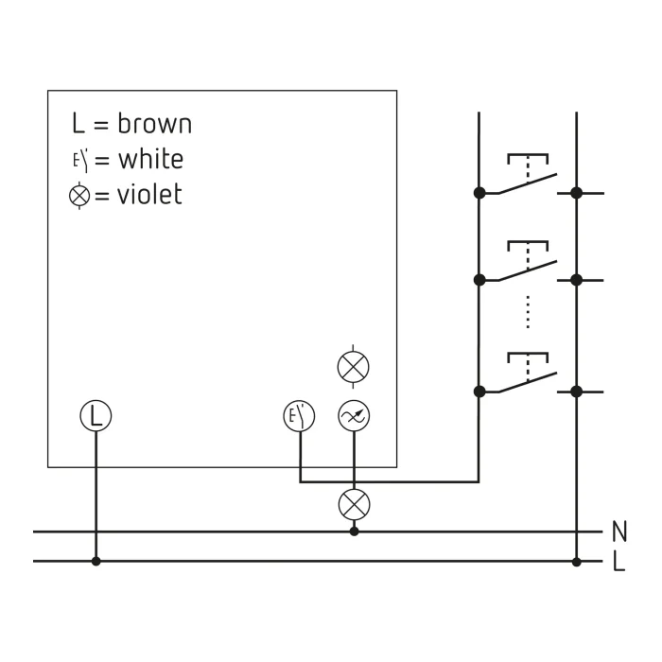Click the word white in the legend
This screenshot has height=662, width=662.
150,159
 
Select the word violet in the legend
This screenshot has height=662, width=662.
149,194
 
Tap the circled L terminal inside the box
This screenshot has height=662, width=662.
96,416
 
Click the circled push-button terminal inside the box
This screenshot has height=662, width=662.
299,416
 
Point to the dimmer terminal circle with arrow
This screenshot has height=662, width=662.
354,416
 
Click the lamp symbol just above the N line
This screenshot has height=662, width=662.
355,504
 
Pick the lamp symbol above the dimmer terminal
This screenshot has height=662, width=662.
354,367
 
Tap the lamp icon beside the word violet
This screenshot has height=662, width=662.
79,196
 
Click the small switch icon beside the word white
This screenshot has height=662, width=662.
81,161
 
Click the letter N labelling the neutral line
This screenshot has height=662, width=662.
619,531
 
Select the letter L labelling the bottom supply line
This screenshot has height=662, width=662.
618,562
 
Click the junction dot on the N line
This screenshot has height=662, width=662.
355,531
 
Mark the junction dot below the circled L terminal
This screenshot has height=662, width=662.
96,561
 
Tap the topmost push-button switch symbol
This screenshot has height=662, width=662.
528,174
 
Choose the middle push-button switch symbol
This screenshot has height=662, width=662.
528,261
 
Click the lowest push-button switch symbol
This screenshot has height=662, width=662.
528,373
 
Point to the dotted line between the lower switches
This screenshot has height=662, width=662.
528,312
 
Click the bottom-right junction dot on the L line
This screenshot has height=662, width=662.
576,562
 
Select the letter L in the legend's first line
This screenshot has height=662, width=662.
78,123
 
